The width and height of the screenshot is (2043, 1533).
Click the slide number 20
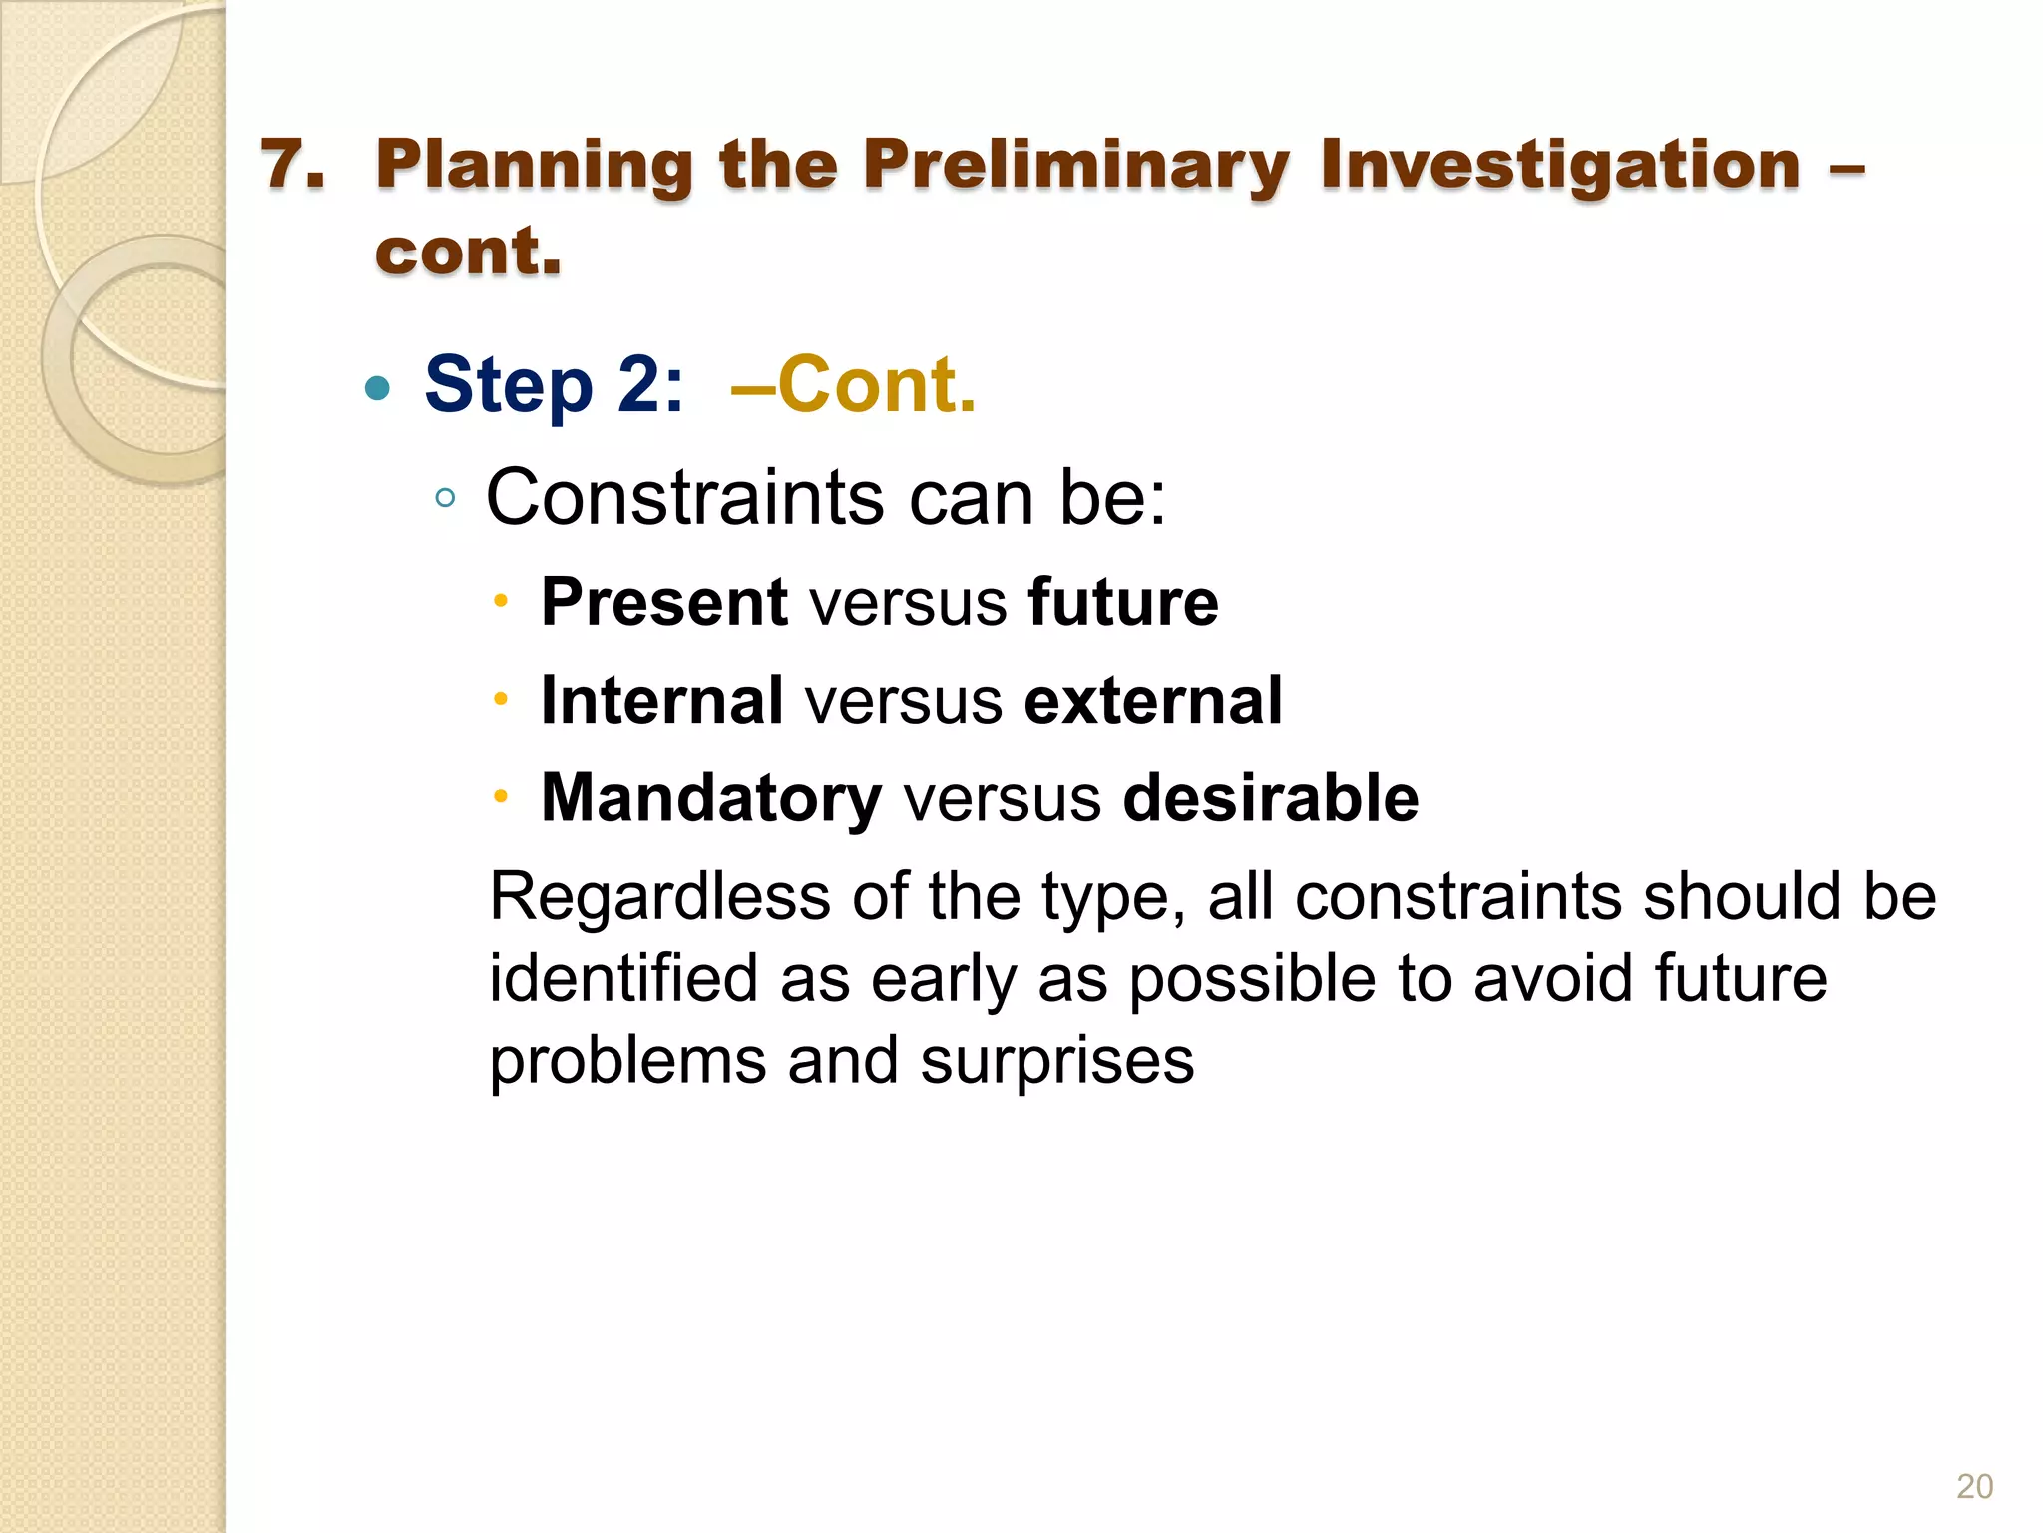tap(1974, 1486)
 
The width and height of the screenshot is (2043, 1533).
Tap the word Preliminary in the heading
tap(1075, 166)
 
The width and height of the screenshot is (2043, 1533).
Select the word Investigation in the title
tap(1559, 166)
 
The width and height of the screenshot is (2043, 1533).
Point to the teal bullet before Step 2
tap(377, 387)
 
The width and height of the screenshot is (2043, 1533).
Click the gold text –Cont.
tap(854, 384)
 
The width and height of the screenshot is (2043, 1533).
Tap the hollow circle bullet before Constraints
tap(446, 498)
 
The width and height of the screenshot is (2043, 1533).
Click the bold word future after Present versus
tap(1123, 602)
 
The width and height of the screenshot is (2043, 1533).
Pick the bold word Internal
tap(661, 700)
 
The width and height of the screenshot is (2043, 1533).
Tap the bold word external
tap(1153, 700)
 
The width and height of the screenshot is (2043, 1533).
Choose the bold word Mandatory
tap(710, 799)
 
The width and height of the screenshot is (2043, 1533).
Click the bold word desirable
tap(1270, 798)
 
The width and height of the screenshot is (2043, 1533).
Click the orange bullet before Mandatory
tap(501, 797)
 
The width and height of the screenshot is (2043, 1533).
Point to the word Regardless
tap(659, 897)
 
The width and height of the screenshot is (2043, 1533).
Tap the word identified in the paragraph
tap(623, 978)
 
